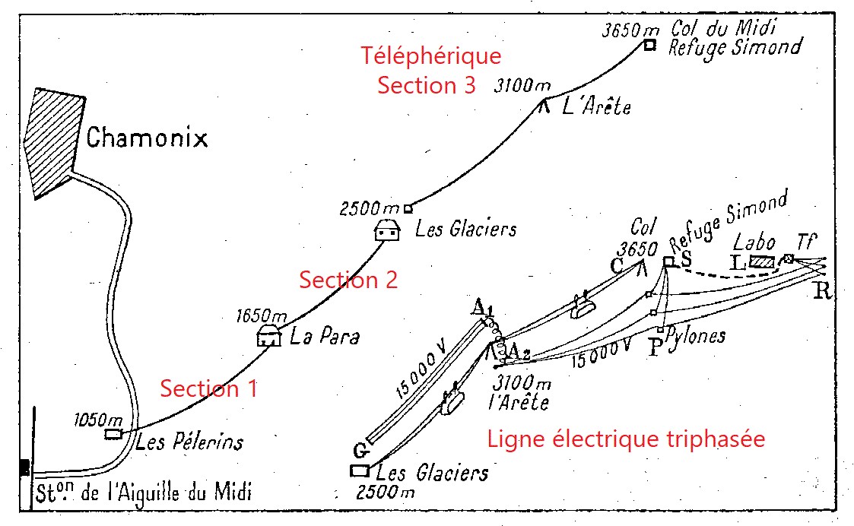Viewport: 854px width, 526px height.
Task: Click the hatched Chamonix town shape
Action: [53, 141]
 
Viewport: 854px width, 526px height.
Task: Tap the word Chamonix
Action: [146, 138]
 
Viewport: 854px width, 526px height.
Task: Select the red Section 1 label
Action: [208, 388]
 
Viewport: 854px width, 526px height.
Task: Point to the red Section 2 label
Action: [348, 280]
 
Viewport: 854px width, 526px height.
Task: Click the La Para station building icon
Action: [268, 336]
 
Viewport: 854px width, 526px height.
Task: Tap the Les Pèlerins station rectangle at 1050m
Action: [113, 434]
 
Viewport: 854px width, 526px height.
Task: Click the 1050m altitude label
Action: [98, 420]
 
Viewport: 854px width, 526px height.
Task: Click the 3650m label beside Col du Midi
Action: [630, 30]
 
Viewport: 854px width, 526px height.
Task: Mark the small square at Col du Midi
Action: [649, 45]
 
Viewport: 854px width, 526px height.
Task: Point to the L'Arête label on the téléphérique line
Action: [596, 108]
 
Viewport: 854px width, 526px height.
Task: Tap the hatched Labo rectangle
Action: [761, 262]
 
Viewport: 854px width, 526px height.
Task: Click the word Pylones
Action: [694, 336]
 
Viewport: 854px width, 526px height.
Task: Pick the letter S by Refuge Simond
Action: [685, 258]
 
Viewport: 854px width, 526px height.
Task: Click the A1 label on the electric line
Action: [481, 308]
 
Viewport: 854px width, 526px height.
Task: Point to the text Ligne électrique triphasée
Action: [625, 439]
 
